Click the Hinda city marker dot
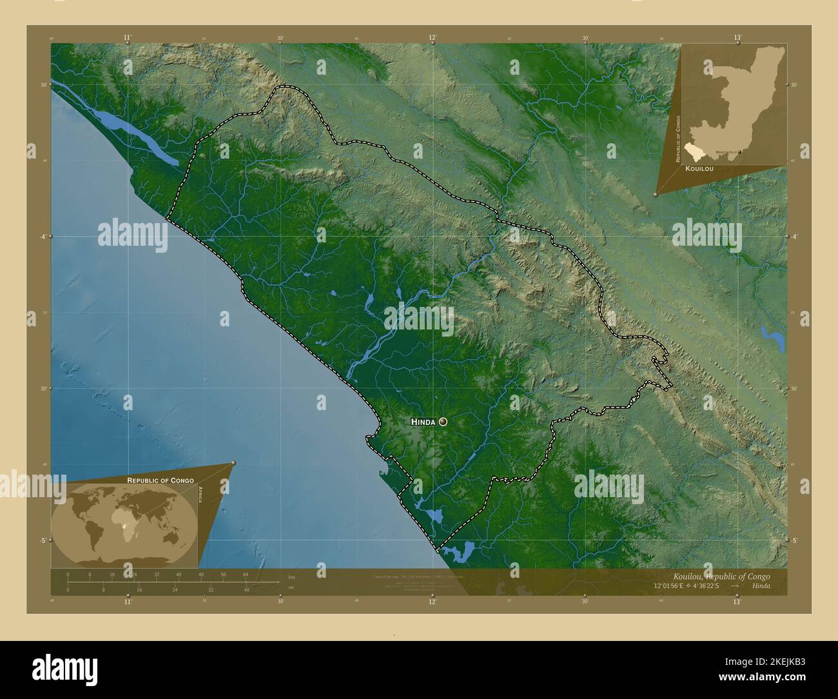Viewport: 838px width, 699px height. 443,422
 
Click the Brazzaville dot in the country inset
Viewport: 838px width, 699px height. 739,152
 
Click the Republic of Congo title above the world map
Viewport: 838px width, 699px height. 161,480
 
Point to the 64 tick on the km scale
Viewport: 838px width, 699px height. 245,574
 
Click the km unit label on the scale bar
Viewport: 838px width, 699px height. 292,576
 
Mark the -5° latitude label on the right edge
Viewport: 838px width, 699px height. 794,540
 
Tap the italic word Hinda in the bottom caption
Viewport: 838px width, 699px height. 760,586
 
